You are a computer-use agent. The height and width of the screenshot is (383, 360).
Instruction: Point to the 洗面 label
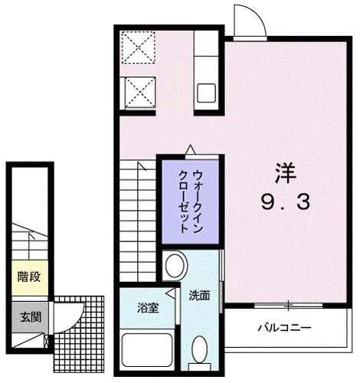[200, 293]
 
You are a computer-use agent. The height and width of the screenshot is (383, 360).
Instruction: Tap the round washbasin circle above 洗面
[175, 267]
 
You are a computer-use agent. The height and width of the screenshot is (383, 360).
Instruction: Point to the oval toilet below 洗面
[201, 352]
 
